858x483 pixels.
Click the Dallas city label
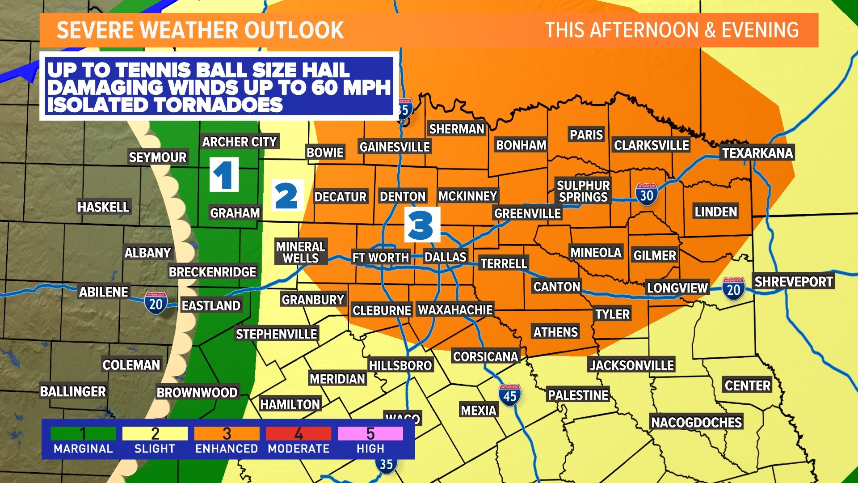[x=445, y=257]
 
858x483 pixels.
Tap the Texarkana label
[x=757, y=153]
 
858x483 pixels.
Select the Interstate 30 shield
[x=646, y=195]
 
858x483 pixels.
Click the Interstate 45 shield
[x=509, y=395]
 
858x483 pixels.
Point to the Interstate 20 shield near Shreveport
[x=733, y=289]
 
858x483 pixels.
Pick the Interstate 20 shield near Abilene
[x=156, y=304]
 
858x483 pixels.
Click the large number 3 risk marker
[x=421, y=225]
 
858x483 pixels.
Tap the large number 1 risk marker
[x=224, y=175]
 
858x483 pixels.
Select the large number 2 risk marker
[x=287, y=195]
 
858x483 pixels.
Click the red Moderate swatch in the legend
[x=298, y=433]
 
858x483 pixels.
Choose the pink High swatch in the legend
[x=370, y=433]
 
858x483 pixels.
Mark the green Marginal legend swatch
[x=83, y=433]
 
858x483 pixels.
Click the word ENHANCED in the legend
[x=227, y=449]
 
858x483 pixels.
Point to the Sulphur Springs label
[x=583, y=191]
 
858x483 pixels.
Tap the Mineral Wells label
[x=301, y=252]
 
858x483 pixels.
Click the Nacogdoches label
[x=696, y=422]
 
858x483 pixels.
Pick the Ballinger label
[x=73, y=392]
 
